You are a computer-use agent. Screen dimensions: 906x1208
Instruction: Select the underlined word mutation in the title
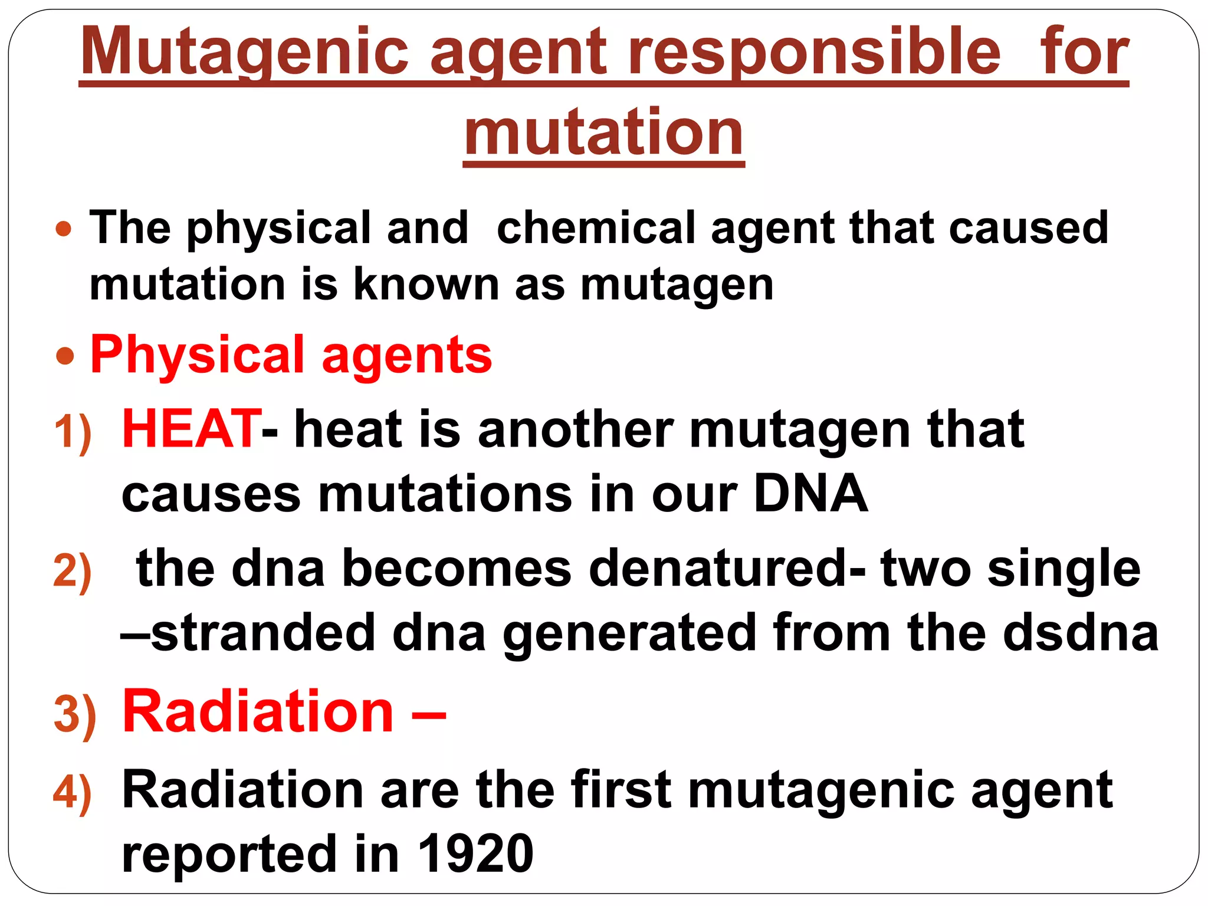point(603,133)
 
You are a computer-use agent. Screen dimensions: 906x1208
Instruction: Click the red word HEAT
point(190,429)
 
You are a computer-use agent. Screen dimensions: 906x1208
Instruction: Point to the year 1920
point(475,854)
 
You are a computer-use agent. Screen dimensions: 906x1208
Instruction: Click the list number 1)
point(73,432)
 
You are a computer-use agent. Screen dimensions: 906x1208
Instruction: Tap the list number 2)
point(73,571)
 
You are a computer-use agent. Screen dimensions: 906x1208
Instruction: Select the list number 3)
point(74,714)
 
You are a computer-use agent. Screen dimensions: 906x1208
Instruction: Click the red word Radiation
point(258,712)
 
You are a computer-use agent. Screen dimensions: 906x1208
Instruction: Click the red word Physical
point(197,355)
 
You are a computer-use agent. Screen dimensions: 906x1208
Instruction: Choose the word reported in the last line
point(229,855)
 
